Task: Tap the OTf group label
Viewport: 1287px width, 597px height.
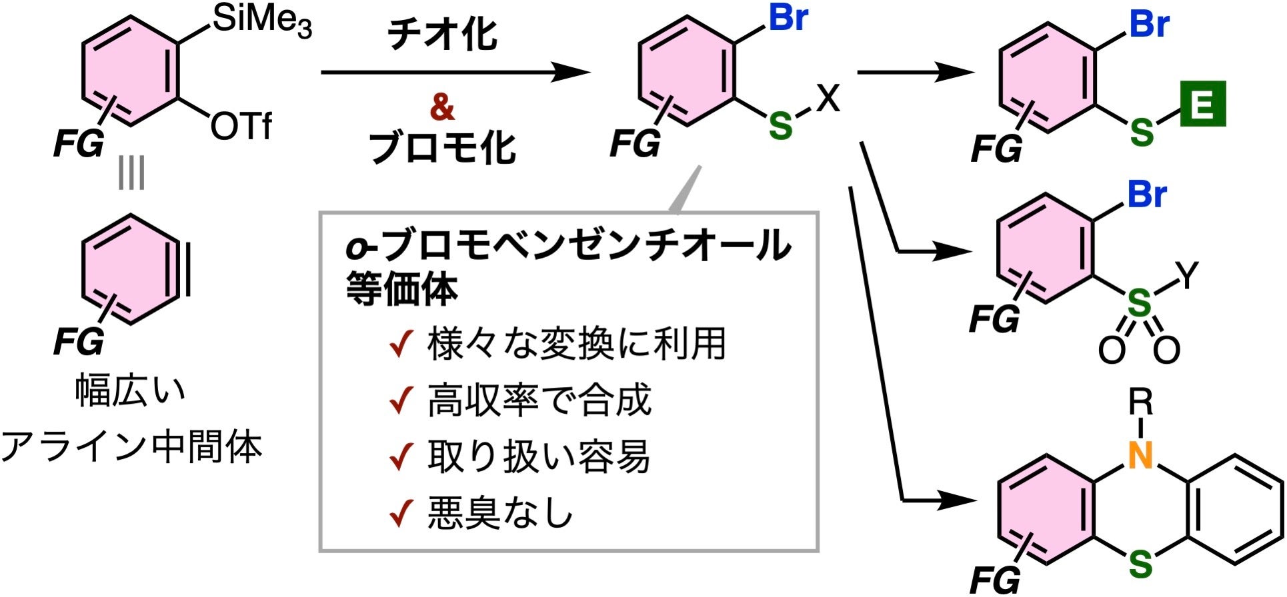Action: tap(241, 126)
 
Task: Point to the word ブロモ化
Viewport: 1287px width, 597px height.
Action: tap(442, 148)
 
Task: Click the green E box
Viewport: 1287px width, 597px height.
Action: tap(1202, 103)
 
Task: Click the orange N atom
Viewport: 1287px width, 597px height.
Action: tap(1141, 456)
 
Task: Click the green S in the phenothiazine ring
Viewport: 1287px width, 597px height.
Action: tap(1141, 565)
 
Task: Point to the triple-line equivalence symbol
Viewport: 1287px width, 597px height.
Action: tap(131, 174)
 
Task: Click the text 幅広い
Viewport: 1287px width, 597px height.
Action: tap(131, 391)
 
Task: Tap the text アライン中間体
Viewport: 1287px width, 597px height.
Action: tap(131, 446)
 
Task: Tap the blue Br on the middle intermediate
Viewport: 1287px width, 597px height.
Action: tap(788, 18)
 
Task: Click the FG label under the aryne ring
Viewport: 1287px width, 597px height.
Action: tap(79, 342)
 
